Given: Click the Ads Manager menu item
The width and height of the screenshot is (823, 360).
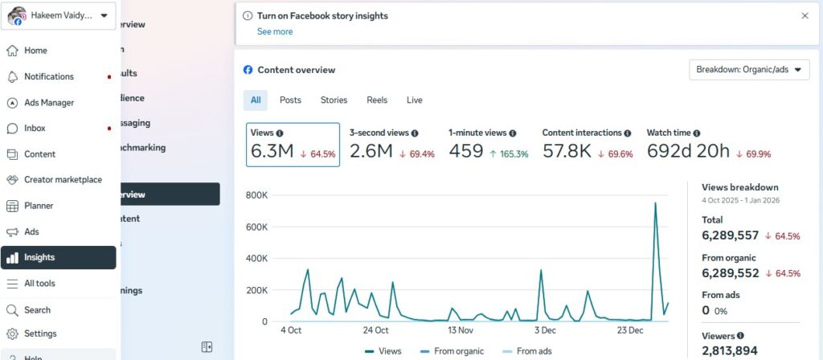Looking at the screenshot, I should [48, 103].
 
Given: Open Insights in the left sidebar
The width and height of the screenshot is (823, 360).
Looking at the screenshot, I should [39, 258].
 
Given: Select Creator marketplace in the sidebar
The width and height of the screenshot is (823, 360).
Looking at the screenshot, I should [63, 180].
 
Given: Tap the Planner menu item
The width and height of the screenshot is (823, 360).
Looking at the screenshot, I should [39, 206].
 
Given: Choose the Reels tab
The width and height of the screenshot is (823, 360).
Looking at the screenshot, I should [377, 100].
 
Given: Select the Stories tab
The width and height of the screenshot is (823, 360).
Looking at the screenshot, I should [334, 100].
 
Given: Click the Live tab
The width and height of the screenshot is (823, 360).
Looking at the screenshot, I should [415, 100].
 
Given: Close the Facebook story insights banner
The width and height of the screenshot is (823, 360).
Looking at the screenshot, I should [805, 15].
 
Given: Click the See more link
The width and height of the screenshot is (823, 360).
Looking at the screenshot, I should [275, 32].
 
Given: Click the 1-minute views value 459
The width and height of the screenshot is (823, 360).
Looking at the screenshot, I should [465, 151].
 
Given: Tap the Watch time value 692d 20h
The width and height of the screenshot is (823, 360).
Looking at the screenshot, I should [688, 151].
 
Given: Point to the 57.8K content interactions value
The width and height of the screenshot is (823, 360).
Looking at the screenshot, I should [567, 151].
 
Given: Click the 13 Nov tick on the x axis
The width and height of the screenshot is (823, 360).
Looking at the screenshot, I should [461, 330].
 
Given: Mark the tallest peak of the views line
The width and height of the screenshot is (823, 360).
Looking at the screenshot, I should [656, 203].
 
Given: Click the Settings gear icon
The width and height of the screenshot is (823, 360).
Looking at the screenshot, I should [12, 334].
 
